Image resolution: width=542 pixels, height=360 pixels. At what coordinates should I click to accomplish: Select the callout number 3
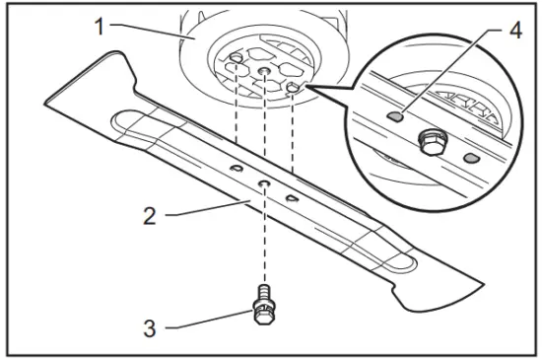coord(149,325)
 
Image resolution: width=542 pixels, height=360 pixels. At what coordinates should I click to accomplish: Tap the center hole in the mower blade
coord(265,183)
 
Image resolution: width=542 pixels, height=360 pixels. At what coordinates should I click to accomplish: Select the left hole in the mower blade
coord(237,171)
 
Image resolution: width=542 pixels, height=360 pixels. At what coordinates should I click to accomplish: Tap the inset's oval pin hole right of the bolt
coord(471,157)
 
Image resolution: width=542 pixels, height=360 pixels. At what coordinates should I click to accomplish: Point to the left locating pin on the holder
coord(237,61)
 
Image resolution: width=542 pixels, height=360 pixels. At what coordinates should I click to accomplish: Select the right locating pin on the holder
coord(294,88)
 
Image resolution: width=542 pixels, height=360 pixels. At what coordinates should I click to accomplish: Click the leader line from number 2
coord(187,209)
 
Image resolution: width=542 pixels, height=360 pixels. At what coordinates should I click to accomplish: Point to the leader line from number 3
coord(202,322)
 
